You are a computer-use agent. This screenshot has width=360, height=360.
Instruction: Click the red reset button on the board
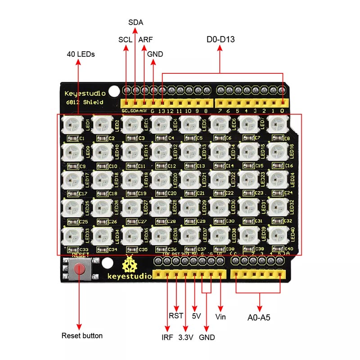tap(79, 270)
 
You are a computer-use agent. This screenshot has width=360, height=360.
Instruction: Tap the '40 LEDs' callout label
tap(81, 54)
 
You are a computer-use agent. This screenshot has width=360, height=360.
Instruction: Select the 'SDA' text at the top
tap(135, 22)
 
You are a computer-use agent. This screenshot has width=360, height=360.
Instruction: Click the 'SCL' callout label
tap(125, 40)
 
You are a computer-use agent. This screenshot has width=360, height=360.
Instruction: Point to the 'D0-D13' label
tap(220, 40)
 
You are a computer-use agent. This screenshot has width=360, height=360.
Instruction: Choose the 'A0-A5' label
tap(259, 317)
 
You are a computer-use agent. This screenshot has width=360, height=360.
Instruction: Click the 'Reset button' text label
tap(82, 336)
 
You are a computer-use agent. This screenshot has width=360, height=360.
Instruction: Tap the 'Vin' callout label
tap(220, 317)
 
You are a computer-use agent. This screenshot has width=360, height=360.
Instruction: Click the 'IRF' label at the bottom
tap(167, 337)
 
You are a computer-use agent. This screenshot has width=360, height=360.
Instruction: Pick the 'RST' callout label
tap(176, 316)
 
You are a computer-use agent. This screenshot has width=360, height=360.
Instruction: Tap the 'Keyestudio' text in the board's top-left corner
tap(85, 94)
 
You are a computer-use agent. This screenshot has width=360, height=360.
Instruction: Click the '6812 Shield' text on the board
tap(84, 102)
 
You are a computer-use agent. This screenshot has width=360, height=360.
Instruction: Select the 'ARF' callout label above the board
tap(145, 40)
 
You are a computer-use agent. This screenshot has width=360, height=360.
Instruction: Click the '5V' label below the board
tap(196, 316)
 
